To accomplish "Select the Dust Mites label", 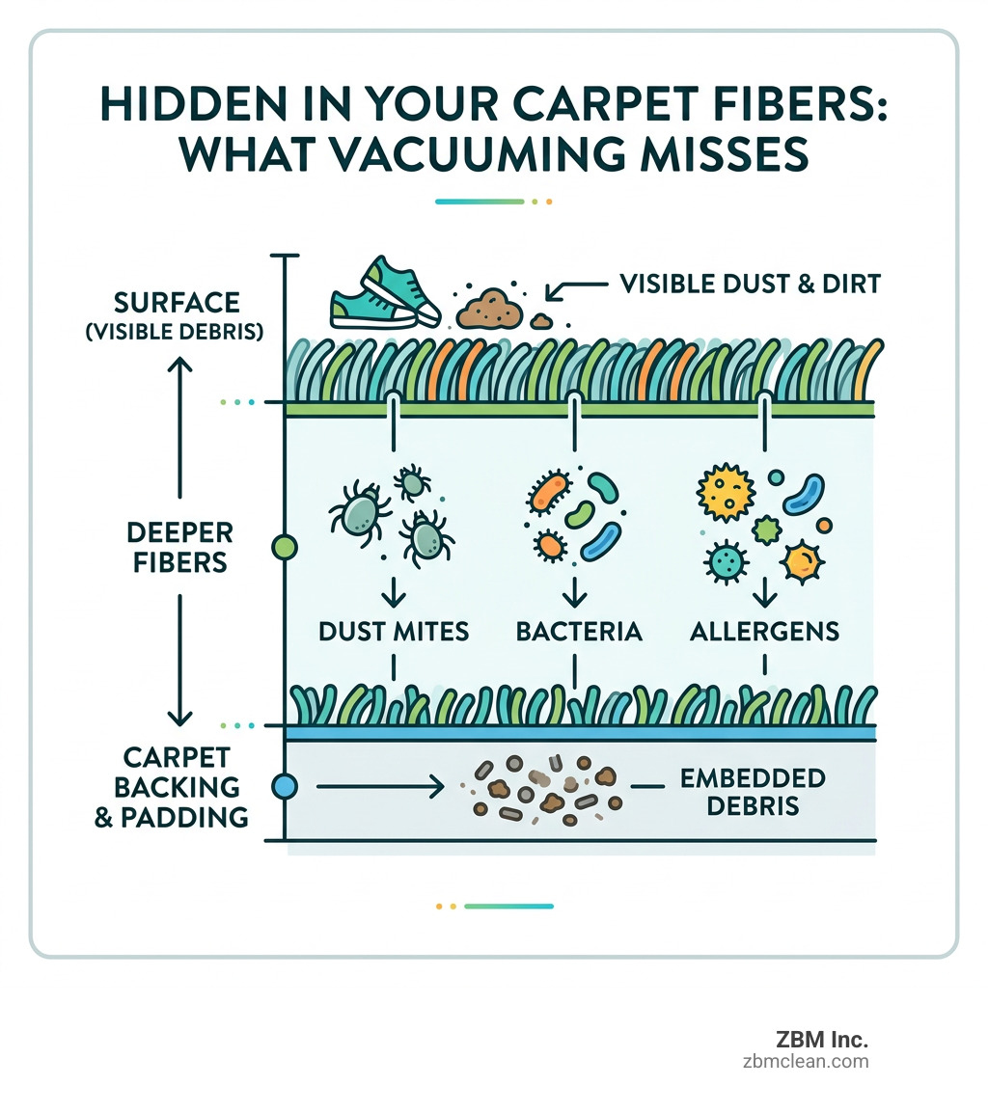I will click(394, 632).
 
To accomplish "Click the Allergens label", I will click(764, 632).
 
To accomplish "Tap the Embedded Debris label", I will click(753, 791).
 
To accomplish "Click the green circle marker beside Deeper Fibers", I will click(286, 548).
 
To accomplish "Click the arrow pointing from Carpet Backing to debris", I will click(380, 787).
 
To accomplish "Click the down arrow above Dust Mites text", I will click(394, 592).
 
